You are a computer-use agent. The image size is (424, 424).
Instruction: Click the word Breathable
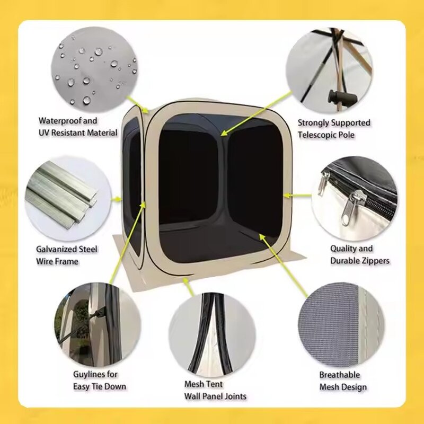[340, 375]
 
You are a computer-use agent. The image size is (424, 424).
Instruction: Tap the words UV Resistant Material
[78, 132]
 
